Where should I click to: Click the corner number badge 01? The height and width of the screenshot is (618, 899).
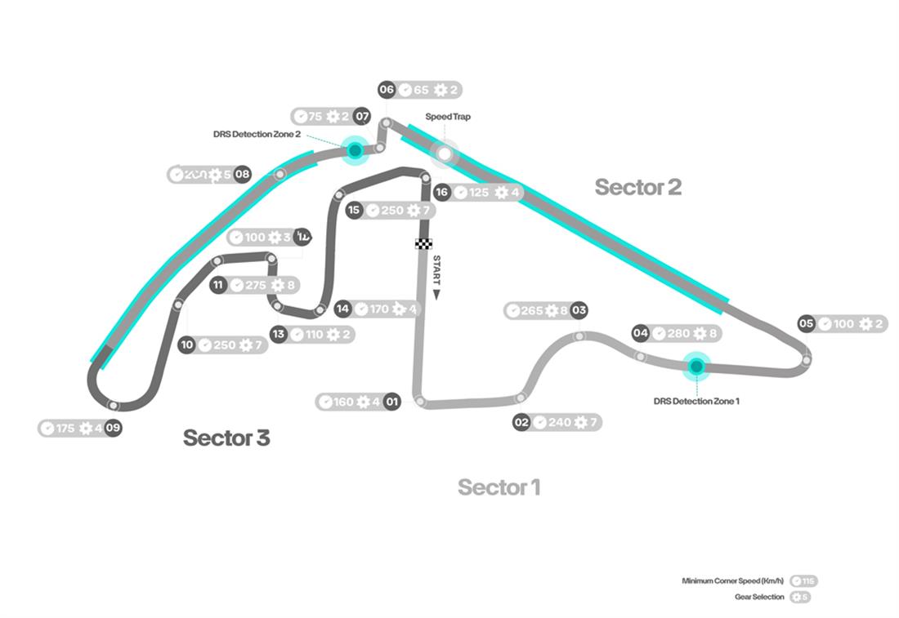point(392,402)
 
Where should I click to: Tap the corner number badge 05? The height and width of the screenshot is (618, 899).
point(807,324)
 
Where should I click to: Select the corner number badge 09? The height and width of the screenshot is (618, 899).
point(113,428)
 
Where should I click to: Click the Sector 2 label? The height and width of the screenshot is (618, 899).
point(637,187)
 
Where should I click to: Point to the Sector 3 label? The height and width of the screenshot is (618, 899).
point(226,438)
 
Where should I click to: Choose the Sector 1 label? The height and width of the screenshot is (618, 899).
point(499,487)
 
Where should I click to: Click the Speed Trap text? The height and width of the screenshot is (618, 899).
point(448,117)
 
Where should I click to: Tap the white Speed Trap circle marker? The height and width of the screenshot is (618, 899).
point(445,153)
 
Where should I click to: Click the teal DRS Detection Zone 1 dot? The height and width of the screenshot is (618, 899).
point(696,367)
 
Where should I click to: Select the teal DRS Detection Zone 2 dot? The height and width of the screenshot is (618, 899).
point(355,150)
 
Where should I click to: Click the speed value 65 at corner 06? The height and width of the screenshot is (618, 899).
point(422,91)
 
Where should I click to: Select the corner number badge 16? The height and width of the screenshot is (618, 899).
point(441,193)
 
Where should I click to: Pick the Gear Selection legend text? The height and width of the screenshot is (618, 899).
point(759,597)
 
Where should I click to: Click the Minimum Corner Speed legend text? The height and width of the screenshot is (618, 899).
point(733,581)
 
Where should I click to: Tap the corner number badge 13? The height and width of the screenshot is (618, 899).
point(280,334)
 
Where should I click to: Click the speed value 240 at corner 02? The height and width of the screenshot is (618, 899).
point(559,422)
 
